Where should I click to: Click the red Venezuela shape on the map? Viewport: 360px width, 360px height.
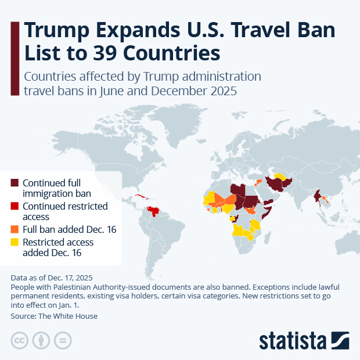pyautogui.click(x=154, y=211)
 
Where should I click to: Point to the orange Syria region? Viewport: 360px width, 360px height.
pyautogui.click(x=257, y=182)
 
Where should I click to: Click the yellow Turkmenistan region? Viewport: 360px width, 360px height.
pyautogui.click(x=280, y=176)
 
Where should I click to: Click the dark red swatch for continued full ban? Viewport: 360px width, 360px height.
pyautogui.click(x=15, y=183)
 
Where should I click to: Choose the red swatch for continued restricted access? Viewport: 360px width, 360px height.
pyautogui.click(x=15, y=206)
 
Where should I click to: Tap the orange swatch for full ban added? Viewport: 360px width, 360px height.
pyautogui.click(x=15, y=229)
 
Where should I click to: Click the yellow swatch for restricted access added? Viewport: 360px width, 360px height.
pyautogui.click(x=15, y=242)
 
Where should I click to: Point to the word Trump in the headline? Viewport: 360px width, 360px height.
pyautogui.click(x=57, y=30)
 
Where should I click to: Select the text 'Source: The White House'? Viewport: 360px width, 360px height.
pyautogui.click(x=54, y=316)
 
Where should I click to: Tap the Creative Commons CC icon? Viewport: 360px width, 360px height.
pyautogui.click(x=20, y=340)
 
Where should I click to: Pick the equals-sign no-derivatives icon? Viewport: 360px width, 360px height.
pyautogui.click(x=63, y=340)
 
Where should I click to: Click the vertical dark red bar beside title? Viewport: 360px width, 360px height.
pyautogui.click(x=15, y=57)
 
